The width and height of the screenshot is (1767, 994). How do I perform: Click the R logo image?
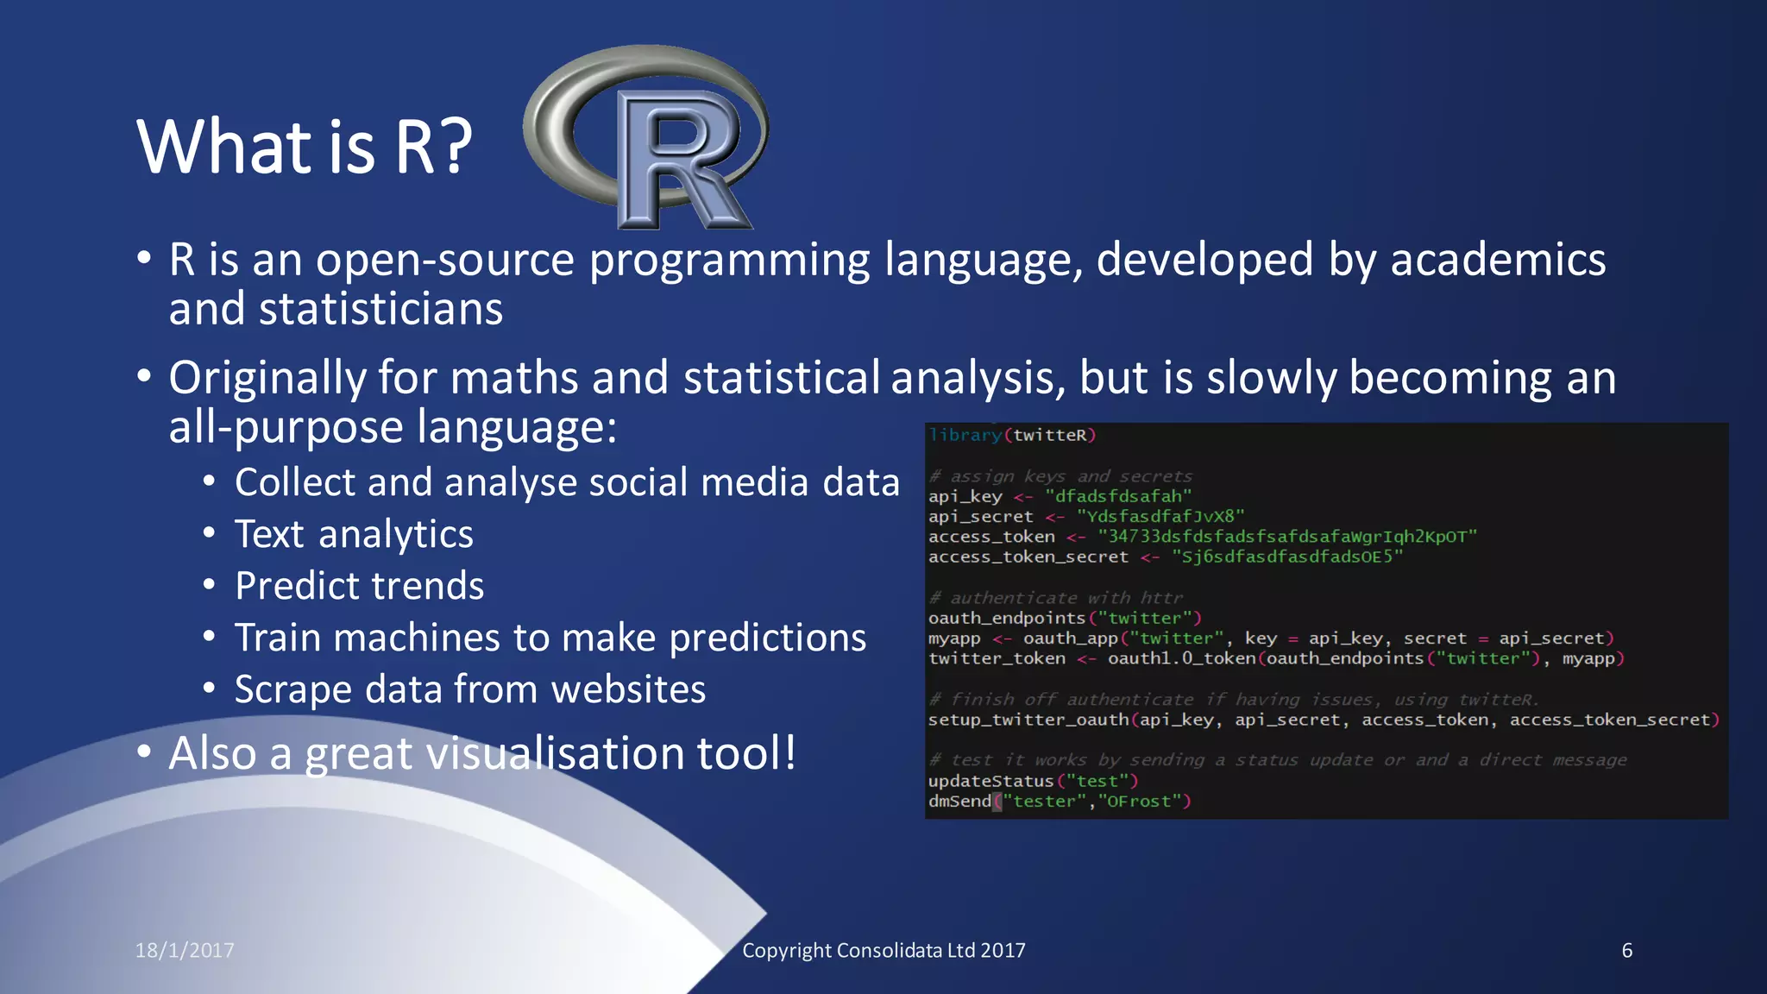pos(647,138)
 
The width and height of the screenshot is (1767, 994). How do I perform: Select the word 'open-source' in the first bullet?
pos(444,260)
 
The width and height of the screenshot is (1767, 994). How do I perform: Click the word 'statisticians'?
pos(380,309)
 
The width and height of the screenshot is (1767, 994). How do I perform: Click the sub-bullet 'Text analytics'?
pos(354,534)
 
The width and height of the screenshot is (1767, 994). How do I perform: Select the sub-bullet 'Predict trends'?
pos(359,586)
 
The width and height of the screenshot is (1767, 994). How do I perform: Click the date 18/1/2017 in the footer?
pos(185,950)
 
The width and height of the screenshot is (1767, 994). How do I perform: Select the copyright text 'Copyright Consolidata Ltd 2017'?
pos(883,950)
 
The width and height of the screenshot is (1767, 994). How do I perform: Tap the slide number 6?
pos(1626,950)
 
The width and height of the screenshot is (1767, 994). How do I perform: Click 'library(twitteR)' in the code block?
pos(1011,435)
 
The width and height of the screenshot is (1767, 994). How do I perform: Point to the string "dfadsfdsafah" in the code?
pos(1118,496)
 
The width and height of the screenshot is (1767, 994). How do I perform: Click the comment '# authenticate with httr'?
pos(1055,597)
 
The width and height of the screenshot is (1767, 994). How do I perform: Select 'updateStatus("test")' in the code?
pos(1033,781)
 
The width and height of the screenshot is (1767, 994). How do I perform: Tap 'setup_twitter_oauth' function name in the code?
pos(1028,720)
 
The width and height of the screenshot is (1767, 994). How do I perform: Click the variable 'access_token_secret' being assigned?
pos(1028,557)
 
